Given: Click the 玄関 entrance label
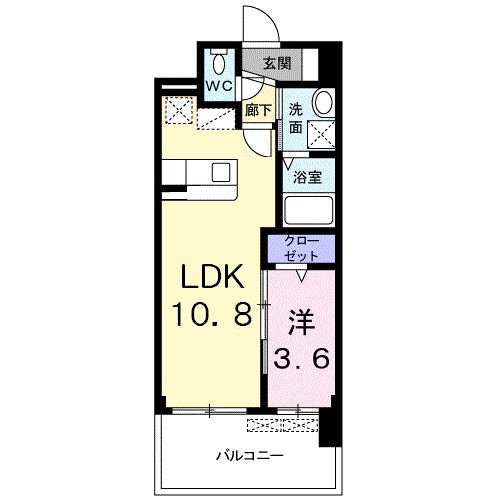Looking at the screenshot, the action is click(277, 63).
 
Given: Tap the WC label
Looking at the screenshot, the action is click(219, 87).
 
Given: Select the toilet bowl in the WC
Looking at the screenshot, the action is click(219, 63).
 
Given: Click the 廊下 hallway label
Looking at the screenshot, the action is click(258, 110).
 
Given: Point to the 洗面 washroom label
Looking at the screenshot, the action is click(296, 118).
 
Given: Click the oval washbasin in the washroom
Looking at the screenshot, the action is click(324, 101).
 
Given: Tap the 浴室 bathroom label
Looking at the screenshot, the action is click(307, 177).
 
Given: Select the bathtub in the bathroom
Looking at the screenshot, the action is click(308, 210).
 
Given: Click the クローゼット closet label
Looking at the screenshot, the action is click(301, 248).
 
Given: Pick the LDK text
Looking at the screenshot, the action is click(213, 276).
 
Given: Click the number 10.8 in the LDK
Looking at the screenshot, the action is click(211, 314).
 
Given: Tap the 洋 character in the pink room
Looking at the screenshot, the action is click(302, 322).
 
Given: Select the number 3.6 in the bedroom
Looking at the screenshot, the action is click(302, 358).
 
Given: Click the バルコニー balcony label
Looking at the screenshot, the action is click(250, 455).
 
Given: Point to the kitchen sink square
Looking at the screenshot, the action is click(221, 172).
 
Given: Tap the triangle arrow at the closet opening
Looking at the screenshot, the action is click(302, 276).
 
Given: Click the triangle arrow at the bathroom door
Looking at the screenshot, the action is click(288, 164).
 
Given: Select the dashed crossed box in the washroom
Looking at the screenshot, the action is click(321, 134).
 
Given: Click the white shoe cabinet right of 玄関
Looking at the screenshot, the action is click(310, 64).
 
